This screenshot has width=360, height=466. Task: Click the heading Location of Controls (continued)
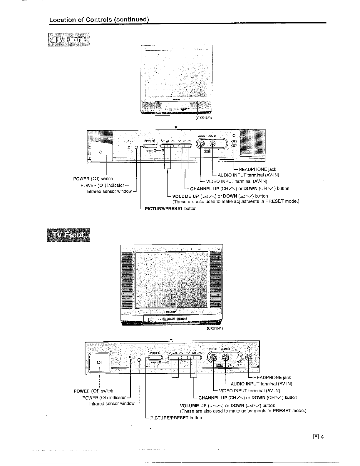99,20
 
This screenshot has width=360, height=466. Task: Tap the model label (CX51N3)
204,118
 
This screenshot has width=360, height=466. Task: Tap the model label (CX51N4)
215,328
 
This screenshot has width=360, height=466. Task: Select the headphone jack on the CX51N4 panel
249,358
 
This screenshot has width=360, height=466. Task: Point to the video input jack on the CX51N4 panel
214,358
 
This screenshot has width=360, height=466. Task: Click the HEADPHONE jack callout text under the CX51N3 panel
257,169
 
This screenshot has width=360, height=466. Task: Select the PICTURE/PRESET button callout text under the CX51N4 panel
176,418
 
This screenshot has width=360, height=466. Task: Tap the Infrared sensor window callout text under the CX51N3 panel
109,191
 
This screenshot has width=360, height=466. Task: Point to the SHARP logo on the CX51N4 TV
171,312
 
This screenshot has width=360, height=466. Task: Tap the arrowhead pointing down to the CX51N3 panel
175,128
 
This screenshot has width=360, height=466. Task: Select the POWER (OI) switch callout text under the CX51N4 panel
93,391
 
